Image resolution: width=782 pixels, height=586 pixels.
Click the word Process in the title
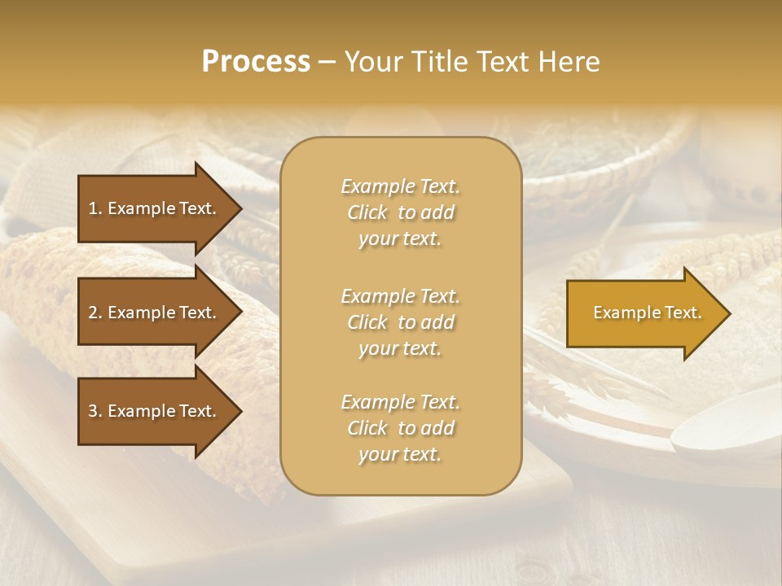[256, 62]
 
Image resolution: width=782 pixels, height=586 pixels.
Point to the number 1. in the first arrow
[95, 208]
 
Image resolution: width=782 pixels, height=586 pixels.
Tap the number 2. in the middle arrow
[95, 313]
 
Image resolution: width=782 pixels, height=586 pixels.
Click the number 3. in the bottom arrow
[95, 411]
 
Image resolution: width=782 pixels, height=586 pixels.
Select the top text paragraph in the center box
[400, 212]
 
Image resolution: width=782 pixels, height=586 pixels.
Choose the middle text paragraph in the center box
[400, 322]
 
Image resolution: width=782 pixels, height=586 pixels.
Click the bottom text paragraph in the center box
[400, 428]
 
